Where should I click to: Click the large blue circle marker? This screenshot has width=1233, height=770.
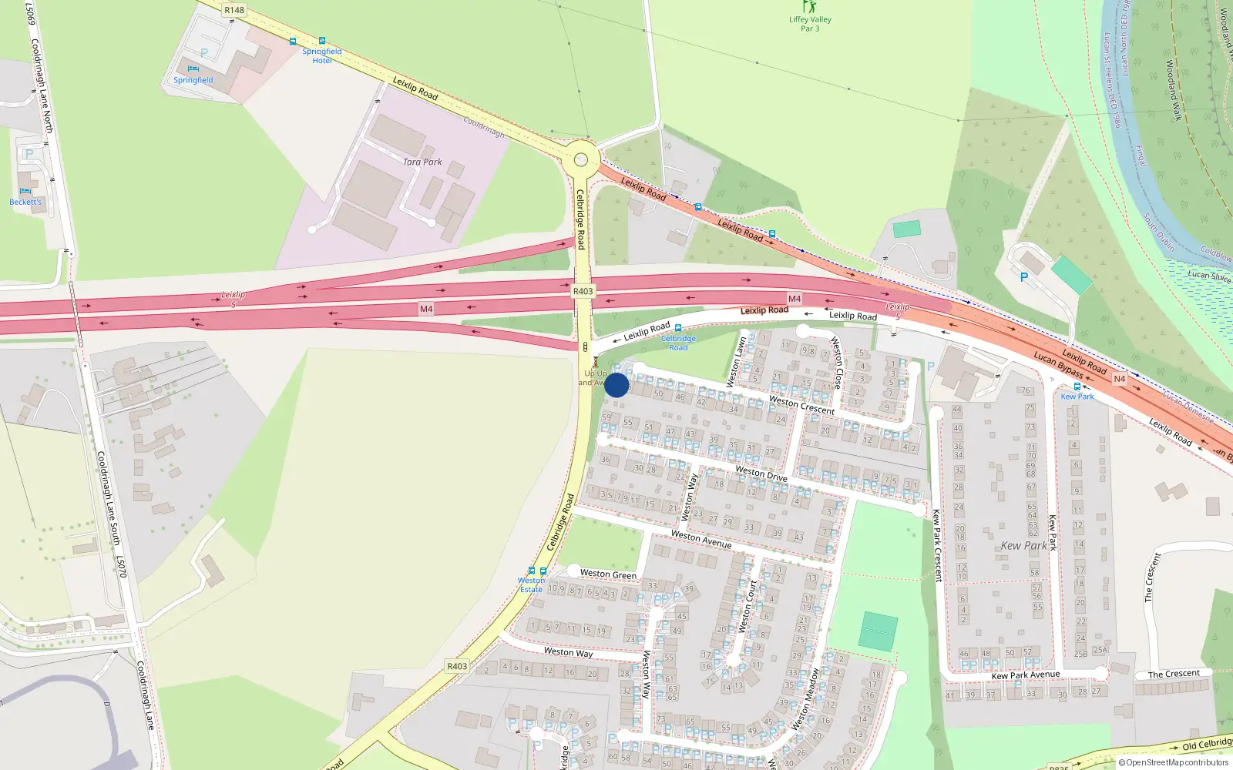(616, 385)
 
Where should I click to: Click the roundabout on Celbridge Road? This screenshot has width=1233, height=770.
(581, 160)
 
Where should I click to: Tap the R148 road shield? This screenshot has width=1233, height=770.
(233, 10)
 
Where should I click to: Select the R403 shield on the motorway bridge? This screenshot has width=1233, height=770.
(583, 291)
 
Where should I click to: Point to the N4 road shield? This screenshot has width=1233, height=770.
(1119, 379)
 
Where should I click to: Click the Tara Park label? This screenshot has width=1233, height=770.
(422, 162)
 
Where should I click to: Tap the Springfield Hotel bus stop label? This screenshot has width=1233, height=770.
(321, 55)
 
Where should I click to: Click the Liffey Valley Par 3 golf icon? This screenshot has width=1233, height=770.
(809, 7)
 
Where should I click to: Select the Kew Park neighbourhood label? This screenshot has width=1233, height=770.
(1023, 545)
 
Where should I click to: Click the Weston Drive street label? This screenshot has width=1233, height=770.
(761, 473)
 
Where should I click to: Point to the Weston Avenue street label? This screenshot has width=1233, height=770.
(701, 538)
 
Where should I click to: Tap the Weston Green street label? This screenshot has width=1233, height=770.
(608, 574)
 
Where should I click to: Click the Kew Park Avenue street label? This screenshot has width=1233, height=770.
(1025, 675)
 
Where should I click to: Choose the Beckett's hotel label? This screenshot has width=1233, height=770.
(25, 202)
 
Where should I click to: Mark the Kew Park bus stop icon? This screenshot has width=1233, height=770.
(1077, 387)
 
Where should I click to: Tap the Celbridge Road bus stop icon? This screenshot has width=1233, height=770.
(678, 329)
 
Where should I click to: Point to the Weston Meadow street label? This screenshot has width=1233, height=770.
(806, 698)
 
